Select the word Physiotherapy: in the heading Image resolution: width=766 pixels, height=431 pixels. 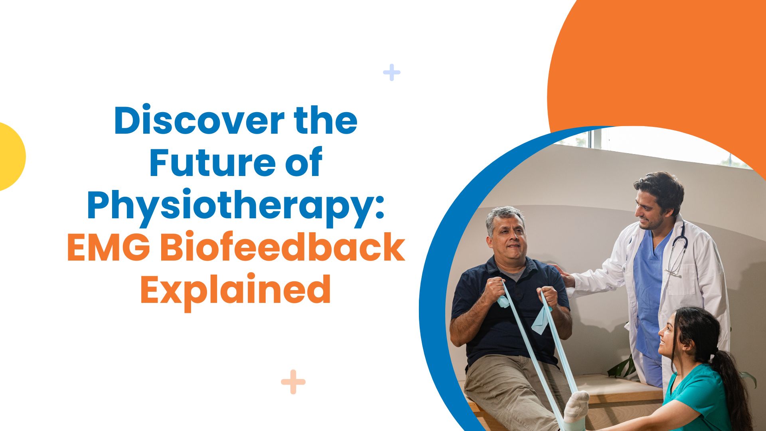pos(236,207)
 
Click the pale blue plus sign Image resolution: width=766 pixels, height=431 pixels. pos(392,72)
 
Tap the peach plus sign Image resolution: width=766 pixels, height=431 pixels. pos(293,382)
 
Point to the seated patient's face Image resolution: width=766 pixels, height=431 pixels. pos(506,237)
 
